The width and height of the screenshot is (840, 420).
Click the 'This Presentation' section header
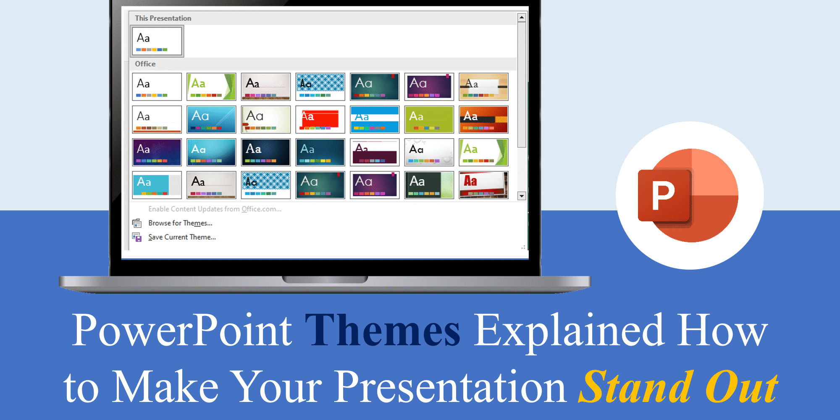click(163, 18)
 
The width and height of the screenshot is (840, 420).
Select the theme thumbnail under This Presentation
click(157, 41)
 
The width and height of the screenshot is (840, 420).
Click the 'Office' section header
click(145, 64)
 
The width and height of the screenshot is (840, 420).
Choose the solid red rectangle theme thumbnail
click(320, 119)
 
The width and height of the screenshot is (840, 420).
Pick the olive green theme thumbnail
click(429, 119)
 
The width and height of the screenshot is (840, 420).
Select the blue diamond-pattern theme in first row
click(320, 87)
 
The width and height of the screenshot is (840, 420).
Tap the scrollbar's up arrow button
click(521, 17)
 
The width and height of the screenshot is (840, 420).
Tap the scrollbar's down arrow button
click(521, 196)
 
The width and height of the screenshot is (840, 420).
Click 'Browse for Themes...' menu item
click(180, 223)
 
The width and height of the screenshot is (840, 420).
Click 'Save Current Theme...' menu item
click(182, 237)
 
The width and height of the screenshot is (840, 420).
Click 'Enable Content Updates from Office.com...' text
click(215, 209)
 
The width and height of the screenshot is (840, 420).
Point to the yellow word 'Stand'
click(635, 387)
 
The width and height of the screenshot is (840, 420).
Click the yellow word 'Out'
click(741, 387)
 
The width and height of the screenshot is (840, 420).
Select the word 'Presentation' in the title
click(451, 387)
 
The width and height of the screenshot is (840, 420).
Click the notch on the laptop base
click(325, 279)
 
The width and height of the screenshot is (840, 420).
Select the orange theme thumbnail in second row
click(483, 119)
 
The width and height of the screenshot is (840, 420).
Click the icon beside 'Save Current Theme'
click(137, 237)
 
